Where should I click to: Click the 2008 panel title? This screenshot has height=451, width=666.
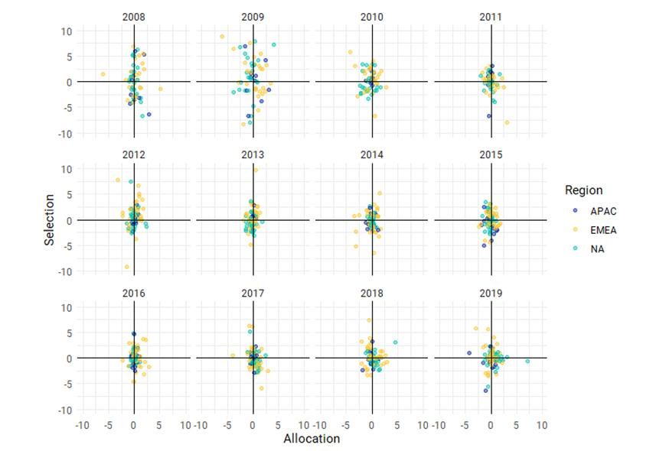133,17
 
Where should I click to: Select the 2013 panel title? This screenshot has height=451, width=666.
253,155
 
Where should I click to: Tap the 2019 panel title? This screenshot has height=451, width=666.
491,293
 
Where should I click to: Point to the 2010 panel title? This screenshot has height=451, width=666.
372,17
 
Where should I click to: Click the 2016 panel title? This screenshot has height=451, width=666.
133,293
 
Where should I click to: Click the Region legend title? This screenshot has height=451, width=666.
583,190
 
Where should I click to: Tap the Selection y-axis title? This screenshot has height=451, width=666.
50,219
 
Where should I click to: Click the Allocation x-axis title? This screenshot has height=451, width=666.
312,439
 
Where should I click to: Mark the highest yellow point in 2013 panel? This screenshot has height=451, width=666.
256,170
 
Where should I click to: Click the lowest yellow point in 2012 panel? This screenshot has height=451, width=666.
127,267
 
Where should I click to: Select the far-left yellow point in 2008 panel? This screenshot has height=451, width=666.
103,74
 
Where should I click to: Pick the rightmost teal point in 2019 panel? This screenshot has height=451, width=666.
527,361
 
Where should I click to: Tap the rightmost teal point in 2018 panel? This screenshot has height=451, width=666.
395,342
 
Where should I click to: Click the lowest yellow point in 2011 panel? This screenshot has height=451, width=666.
507,122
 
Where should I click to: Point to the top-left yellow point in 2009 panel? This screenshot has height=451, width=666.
222,37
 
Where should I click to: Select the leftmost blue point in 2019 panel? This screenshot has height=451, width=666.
469,353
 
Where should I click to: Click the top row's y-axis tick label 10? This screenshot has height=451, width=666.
67,31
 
